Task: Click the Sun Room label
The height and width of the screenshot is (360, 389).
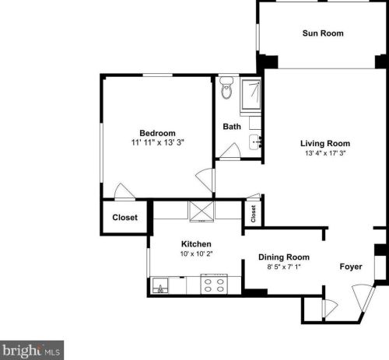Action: [x=323, y=33]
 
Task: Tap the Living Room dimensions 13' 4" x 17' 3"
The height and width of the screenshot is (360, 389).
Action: [x=325, y=154]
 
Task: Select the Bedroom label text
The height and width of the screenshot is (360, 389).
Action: [x=157, y=132]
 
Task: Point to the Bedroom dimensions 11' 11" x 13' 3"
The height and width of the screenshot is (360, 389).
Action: [x=157, y=143]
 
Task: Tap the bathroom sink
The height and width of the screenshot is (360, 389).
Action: [x=254, y=142]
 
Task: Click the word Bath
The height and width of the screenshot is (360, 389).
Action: [x=232, y=126]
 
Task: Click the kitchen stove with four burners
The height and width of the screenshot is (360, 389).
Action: [x=214, y=285]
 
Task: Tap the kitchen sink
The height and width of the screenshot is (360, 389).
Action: [x=161, y=286]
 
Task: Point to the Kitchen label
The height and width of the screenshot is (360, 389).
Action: [x=196, y=244]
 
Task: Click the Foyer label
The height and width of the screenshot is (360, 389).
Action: [x=351, y=267]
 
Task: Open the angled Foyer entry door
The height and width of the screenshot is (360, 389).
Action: [x=361, y=299]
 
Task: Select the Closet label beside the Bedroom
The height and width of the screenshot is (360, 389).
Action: [x=125, y=218]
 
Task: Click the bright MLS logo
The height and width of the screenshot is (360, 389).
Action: [x=32, y=351]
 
